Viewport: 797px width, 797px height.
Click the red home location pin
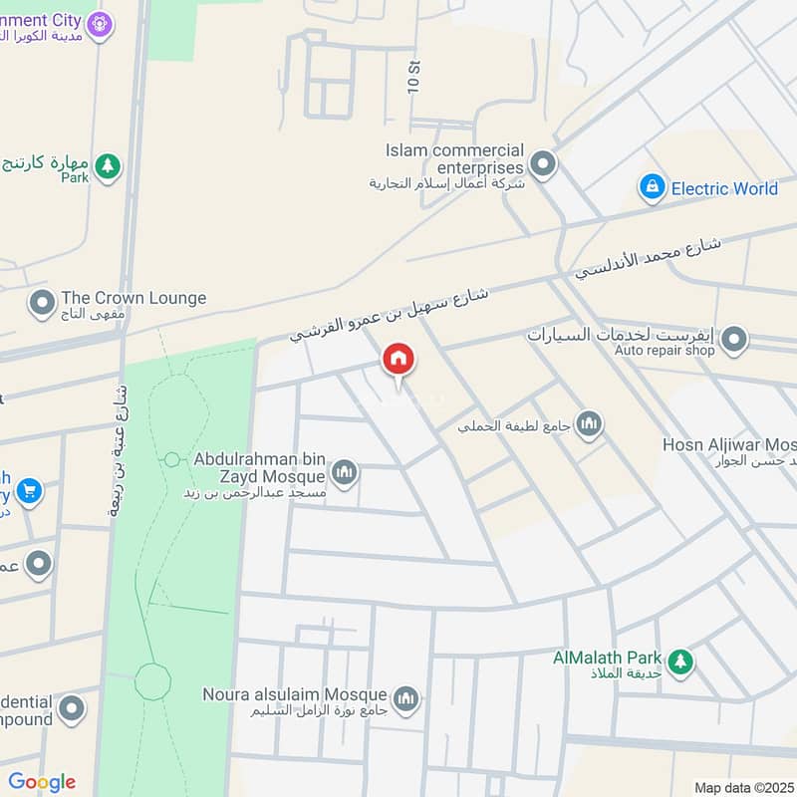[x=398, y=361]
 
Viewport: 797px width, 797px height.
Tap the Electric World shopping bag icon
[x=652, y=187]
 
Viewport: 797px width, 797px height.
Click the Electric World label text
[x=724, y=188]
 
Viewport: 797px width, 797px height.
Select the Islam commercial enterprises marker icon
[x=542, y=163]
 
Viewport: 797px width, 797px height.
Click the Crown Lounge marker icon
[x=42, y=300]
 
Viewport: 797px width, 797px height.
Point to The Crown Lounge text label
[x=133, y=298]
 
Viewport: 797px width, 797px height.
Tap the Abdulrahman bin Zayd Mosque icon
[x=345, y=471]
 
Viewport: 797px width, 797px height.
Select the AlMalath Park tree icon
[x=680, y=661]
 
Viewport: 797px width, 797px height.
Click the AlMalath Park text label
[x=608, y=658]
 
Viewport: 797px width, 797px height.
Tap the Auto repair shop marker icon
[x=734, y=341]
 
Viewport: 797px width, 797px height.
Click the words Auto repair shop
[x=664, y=351]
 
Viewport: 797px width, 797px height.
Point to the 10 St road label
[x=413, y=76]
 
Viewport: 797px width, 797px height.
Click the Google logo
[x=42, y=782]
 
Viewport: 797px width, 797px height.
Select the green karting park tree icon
[x=108, y=166]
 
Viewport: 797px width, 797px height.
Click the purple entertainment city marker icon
[x=98, y=23]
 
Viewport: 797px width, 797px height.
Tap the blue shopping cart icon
[x=29, y=490]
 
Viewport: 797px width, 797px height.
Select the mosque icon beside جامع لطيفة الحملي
[x=590, y=425]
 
